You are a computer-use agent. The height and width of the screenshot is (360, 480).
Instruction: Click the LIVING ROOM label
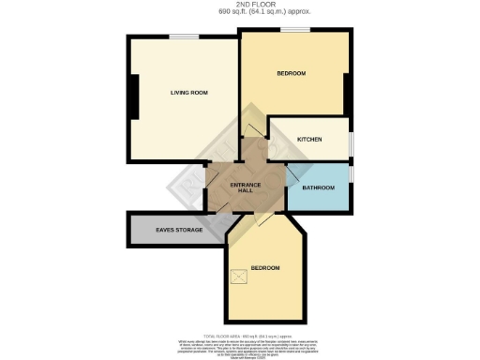tap(188, 92)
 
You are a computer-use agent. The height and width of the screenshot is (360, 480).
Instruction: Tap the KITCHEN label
tap(309, 139)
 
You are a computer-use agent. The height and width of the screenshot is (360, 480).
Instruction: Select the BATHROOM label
tap(319, 187)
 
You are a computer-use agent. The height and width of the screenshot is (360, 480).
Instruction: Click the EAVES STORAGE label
tap(172, 230)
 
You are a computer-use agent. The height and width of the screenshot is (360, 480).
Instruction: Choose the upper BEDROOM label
tap(291, 73)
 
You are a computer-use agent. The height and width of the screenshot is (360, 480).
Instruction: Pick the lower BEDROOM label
tap(264, 268)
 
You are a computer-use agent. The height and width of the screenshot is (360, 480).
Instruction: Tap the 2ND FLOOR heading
tap(241, 6)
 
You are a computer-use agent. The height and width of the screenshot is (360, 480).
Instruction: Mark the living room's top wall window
tap(183, 37)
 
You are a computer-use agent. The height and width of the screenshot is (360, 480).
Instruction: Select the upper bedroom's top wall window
tap(295, 30)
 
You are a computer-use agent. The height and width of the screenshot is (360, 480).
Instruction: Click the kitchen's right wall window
tap(352, 141)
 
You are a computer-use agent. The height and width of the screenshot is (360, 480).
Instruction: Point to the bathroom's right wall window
tap(352, 174)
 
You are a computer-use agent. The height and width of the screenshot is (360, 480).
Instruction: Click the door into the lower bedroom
tap(262, 218)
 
